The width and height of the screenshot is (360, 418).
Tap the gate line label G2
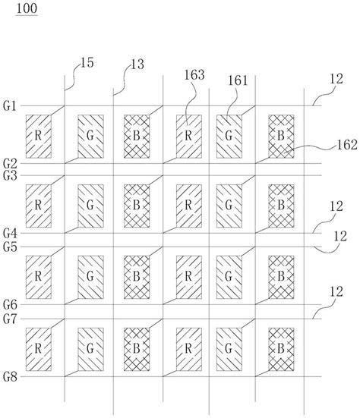pos(10,164)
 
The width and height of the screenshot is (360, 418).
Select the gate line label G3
pos(10,176)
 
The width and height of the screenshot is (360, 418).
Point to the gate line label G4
pos(10,234)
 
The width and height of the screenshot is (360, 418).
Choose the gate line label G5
pos(10,246)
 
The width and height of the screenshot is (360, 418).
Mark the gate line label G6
pos(10,303)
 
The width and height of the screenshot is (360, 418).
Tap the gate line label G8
pos(10,376)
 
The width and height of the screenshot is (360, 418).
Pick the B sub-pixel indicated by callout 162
pos(281,137)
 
